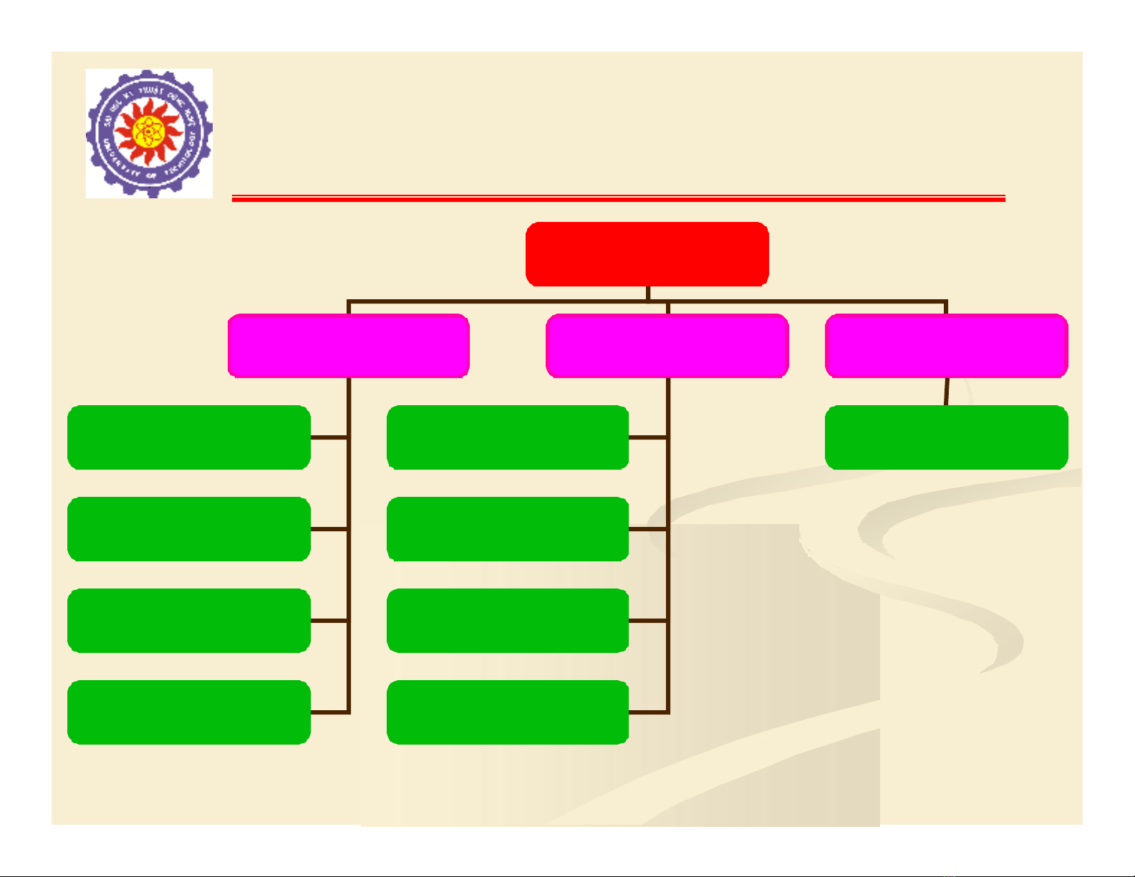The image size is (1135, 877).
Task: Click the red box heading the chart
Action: [647, 254]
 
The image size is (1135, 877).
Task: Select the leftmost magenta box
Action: [349, 345]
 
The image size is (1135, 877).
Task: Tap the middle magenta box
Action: [667, 345]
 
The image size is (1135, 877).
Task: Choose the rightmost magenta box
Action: [946, 345]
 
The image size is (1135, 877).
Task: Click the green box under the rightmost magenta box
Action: [946, 437]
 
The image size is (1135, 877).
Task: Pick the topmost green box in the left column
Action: [189, 437]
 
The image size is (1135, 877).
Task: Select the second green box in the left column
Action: [189, 529]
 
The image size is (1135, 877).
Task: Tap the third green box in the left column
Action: [189, 621]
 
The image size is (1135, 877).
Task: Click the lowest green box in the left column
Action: [189, 712]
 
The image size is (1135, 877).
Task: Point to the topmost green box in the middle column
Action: [508, 437]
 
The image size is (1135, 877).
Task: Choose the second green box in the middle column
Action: [508, 529]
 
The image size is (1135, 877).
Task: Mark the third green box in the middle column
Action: [508, 621]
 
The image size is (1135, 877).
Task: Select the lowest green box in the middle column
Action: [508, 712]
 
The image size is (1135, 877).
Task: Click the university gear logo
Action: [149, 133]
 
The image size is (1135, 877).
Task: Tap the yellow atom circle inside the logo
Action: [148, 131]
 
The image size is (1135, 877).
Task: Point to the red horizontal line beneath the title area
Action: [618, 198]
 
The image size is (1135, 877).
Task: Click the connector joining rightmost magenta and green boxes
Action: [947, 392]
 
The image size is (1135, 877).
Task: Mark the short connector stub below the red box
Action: [647, 294]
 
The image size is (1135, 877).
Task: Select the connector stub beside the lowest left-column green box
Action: [329, 712]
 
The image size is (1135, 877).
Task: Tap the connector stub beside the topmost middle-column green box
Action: [648, 437]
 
